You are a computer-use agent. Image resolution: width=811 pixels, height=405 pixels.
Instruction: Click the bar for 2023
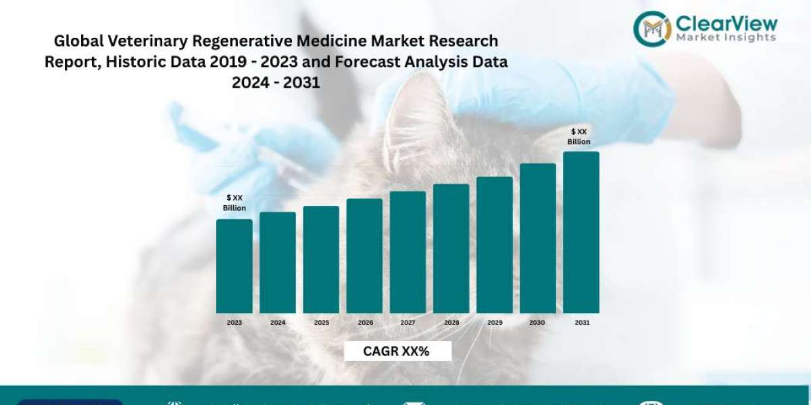pos(234,266)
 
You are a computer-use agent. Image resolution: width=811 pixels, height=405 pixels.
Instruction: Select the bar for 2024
pos(278,263)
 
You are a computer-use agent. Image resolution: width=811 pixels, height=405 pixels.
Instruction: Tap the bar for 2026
pos(364,256)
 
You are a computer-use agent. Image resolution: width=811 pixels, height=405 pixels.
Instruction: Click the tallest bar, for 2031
pos(581,232)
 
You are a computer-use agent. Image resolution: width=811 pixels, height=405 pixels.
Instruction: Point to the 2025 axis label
pos(322,323)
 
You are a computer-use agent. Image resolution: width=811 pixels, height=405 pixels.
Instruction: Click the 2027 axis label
pos(408,323)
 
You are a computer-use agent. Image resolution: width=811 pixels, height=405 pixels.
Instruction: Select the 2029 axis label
pos(495,323)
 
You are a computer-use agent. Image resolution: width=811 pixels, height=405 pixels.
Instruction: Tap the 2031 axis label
pos(582,323)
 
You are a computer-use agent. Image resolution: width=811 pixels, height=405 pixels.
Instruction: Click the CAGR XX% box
pos(397,351)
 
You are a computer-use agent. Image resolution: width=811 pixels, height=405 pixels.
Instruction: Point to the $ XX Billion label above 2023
pos(235,202)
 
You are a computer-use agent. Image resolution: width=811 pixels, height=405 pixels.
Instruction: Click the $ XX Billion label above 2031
pos(579,136)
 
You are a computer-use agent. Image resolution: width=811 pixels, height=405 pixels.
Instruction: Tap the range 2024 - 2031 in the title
pos(276,83)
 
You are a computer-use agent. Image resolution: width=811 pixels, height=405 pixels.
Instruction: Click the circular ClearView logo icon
pos(652,28)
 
